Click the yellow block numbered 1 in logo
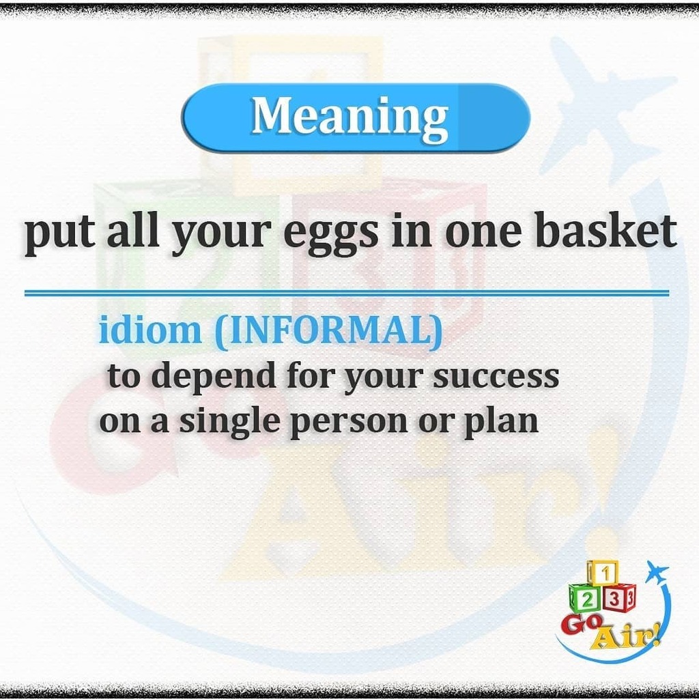[603, 572]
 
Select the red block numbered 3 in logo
[616, 598]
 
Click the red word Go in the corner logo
[579, 624]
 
